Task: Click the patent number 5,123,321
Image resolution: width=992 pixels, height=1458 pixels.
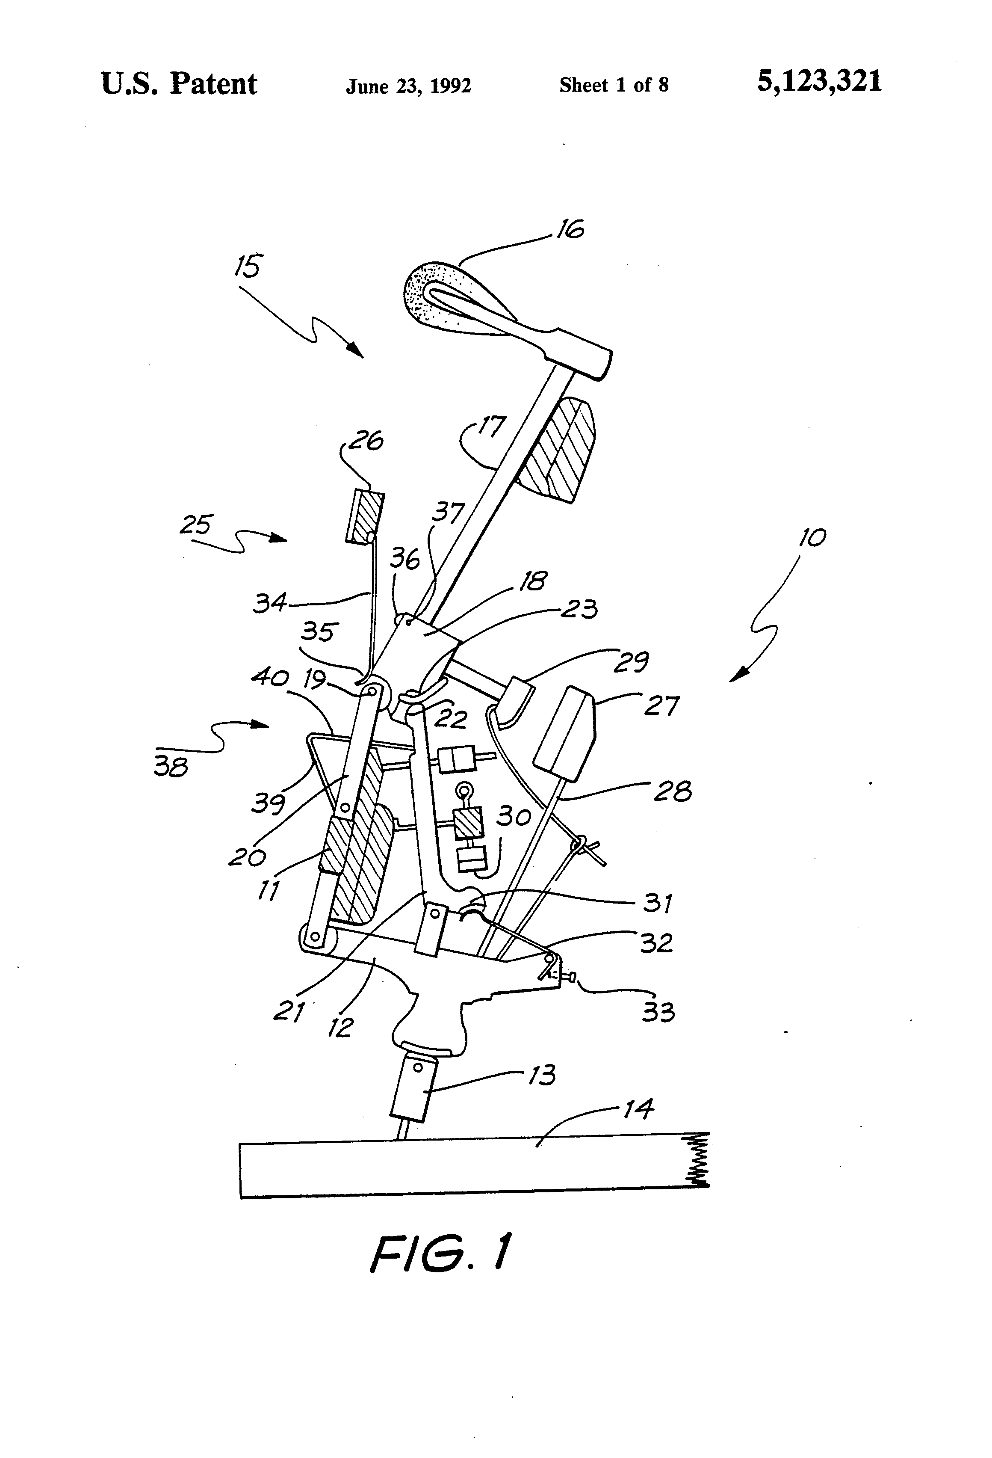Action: coord(819,82)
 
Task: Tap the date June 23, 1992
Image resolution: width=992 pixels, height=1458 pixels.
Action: coord(408,86)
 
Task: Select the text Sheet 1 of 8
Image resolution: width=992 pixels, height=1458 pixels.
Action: coord(614,85)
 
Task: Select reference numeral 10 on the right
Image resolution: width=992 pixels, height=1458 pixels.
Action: coord(812,537)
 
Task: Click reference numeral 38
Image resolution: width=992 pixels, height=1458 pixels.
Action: coord(171,766)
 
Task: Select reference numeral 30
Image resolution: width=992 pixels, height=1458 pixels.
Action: coord(514,816)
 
